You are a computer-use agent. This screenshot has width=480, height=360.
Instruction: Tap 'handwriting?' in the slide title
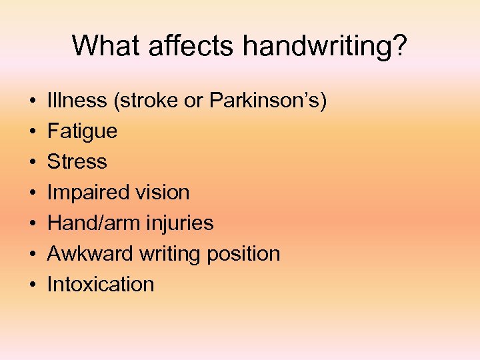point(325,46)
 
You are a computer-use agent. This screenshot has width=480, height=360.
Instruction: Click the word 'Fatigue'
point(82,131)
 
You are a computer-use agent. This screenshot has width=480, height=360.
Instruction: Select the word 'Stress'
point(77,162)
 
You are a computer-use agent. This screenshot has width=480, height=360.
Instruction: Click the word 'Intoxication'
point(101,285)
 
